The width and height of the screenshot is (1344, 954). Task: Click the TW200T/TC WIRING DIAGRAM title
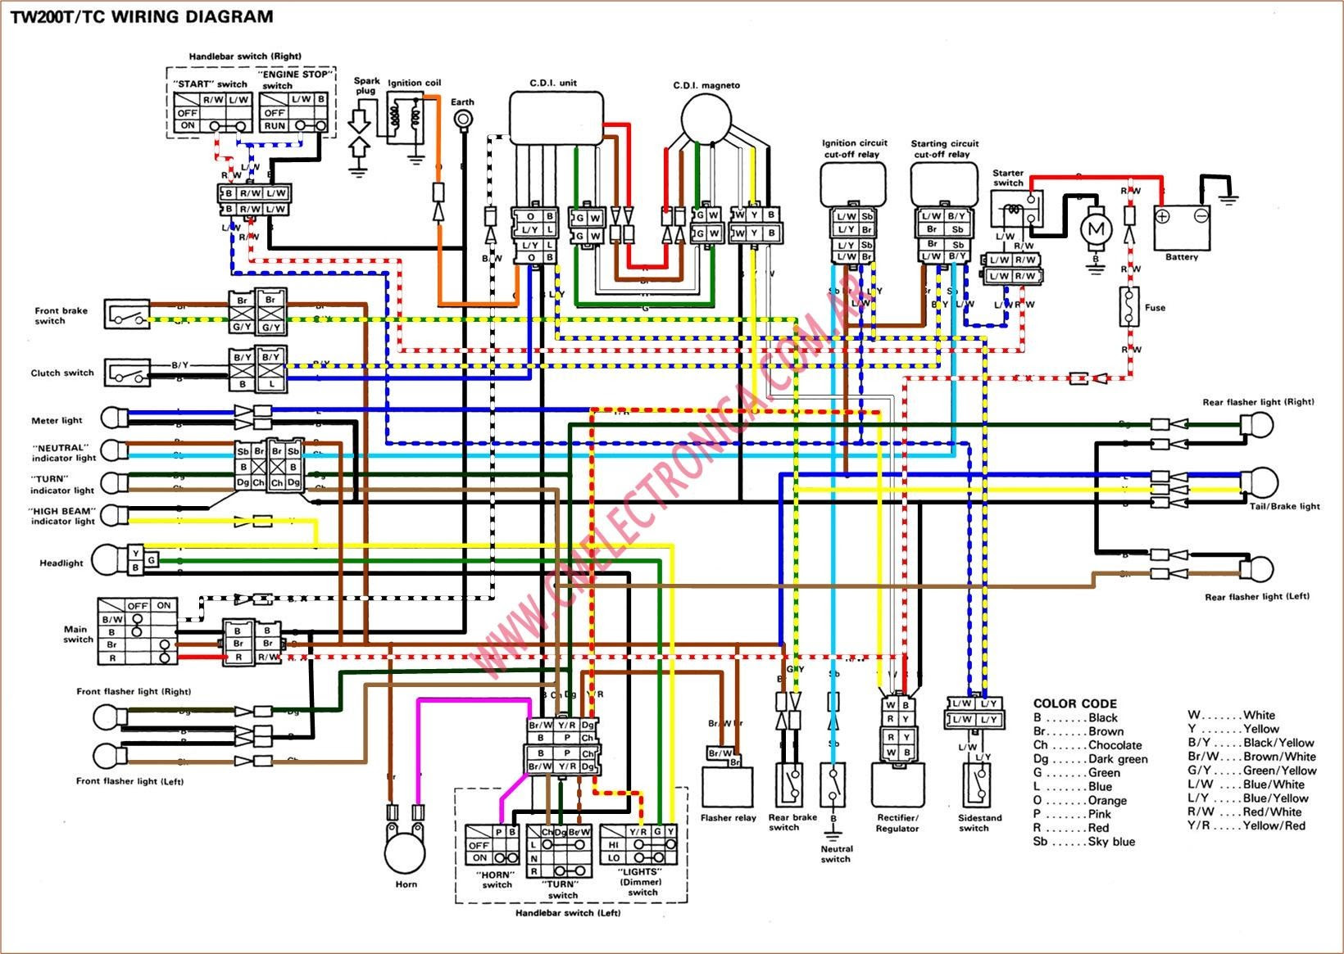coord(142,16)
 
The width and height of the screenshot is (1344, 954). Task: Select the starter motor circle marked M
coord(1095,230)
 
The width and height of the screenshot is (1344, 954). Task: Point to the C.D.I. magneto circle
coord(706,116)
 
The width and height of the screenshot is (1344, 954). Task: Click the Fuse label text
coord(1155,308)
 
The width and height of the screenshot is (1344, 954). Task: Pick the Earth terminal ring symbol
coord(463,120)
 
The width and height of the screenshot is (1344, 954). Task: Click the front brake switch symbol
coord(127,314)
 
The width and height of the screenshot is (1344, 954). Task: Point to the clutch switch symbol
coord(127,373)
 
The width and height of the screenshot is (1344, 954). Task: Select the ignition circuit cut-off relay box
coord(852,183)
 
